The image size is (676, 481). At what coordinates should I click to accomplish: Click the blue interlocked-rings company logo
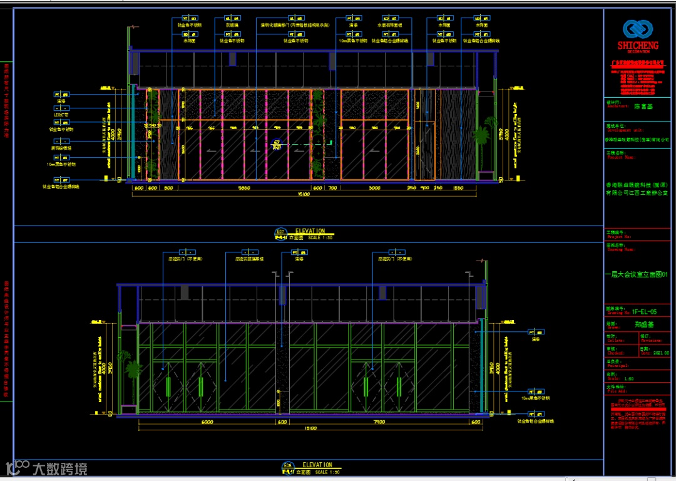tap(637, 29)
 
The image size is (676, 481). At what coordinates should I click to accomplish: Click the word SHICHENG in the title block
tap(637, 46)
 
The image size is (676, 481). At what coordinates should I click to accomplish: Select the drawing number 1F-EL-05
tap(643, 311)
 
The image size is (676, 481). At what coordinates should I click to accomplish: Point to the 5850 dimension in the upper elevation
tap(245, 187)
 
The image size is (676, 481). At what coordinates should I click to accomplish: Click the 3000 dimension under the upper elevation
tap(374, 187)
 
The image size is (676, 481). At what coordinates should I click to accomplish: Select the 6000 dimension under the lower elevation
tap(207, 422)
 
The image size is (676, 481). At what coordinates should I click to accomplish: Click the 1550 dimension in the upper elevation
tap(457, 187)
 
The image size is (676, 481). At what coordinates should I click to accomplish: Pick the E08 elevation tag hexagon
tap(287, 465)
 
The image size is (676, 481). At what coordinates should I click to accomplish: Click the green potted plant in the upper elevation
tap(481, 139)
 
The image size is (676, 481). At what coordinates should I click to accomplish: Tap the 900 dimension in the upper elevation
tap(424, 187)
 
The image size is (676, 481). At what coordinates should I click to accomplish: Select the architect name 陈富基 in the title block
tap(643, 107)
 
